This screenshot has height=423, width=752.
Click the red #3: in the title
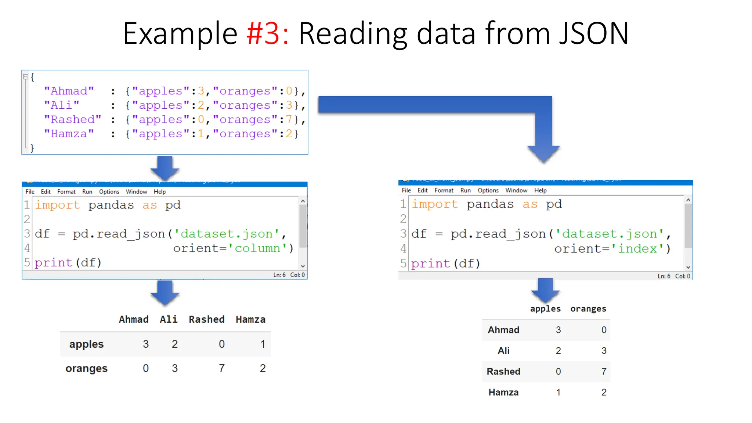(268, 34)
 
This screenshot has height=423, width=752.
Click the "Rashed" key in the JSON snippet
(72, 120)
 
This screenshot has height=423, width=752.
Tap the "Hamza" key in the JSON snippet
(69, 134)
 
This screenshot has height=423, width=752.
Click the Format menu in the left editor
(66, 192)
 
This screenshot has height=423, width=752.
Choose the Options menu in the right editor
(488, 190)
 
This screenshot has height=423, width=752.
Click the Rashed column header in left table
(206, 319)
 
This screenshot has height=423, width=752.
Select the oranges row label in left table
(86, 368)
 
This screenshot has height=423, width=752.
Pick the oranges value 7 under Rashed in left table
(222, 368)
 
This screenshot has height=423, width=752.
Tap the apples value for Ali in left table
(175, 344)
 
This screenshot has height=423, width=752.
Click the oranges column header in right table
(588, 309)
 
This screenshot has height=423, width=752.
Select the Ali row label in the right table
(503, 351)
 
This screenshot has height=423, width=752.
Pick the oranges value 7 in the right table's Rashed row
(604, 372)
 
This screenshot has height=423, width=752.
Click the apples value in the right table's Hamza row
(558, 393)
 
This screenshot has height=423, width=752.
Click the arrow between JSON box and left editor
(164, 168)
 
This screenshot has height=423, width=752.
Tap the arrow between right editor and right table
(545, 290)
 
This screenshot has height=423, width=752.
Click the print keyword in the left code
(54, 263)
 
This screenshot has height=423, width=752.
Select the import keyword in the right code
(435, 204)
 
